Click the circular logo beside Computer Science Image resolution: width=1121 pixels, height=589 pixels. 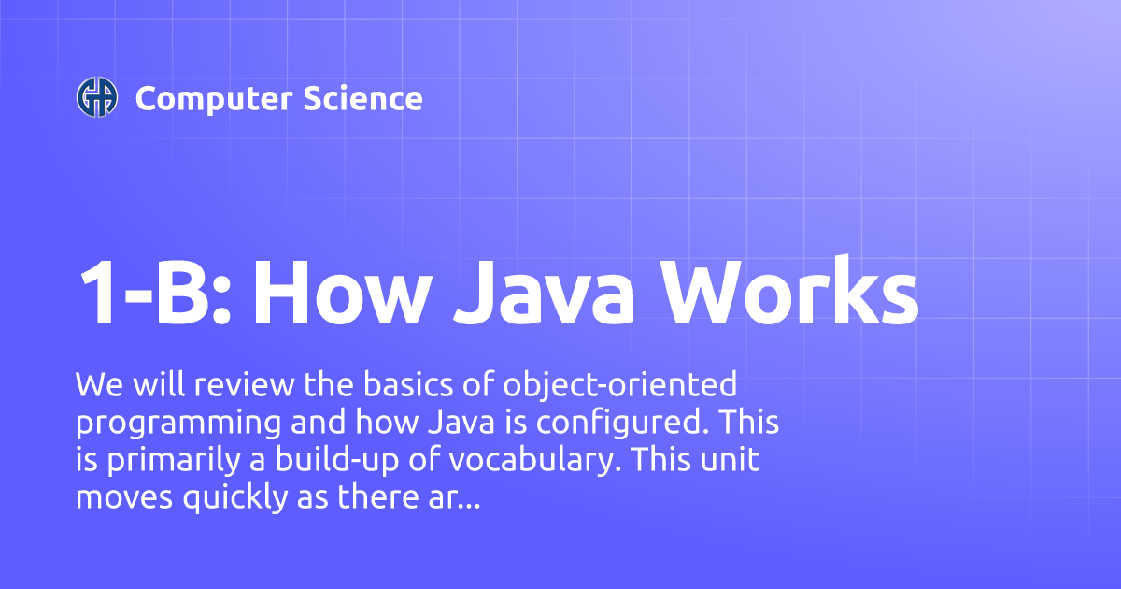(x=97, y=97)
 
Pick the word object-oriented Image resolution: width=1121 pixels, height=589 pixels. (x=621, y=384)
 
